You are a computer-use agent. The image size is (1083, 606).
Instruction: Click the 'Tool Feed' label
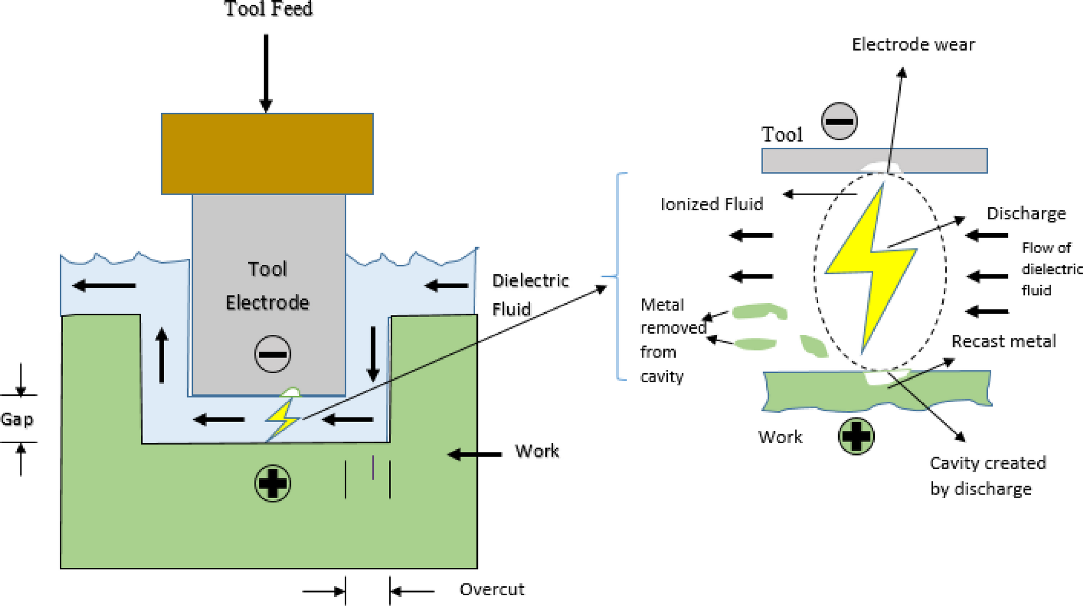coord(268,9)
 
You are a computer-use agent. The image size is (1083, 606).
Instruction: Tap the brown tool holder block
coord(267,154)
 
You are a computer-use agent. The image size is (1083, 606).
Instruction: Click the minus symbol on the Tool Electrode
coord(272,354)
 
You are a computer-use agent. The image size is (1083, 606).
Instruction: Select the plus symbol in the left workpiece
coord(272,483)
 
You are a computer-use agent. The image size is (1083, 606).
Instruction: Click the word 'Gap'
coord(17,419)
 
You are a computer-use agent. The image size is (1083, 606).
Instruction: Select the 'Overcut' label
coord(491,589)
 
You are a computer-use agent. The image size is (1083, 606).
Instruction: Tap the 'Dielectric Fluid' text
coord(530,294)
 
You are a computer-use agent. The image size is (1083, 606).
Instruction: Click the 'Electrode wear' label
coord(913,44)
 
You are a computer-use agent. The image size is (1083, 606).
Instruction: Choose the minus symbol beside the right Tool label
coord(839,121)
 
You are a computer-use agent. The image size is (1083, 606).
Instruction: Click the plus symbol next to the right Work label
coord(856,436)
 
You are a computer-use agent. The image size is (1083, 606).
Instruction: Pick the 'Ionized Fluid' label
coord(711,204)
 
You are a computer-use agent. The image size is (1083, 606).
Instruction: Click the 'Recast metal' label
coord(1003,341)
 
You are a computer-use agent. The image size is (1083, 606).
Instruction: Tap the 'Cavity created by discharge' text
coord(987,476)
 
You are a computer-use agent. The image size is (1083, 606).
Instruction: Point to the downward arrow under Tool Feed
coord(266,73)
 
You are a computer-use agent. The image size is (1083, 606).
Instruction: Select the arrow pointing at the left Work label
coord(475,454)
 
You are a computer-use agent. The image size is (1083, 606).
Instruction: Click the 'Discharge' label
coord(1026,214)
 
